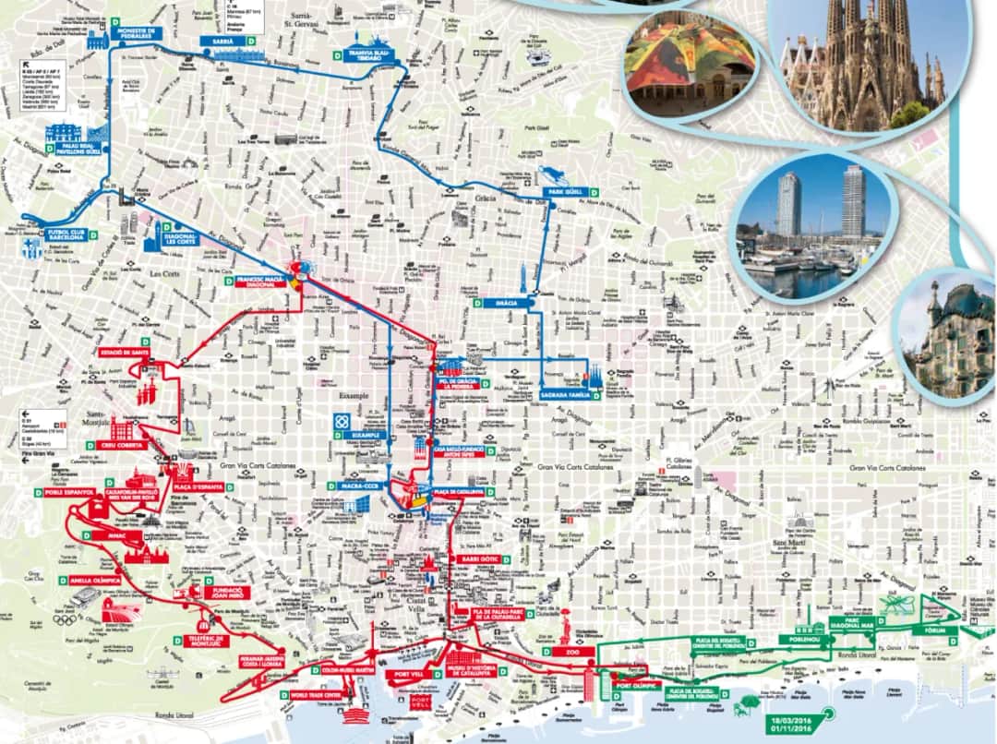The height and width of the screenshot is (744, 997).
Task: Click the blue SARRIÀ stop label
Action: coord(223,42)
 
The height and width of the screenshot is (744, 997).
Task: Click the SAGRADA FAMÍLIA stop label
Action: coord(565,395)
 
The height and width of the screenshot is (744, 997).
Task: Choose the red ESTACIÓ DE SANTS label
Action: coord(126,352)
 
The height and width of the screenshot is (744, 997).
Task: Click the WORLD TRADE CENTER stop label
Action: coord(317,695)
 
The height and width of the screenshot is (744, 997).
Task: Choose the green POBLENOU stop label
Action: coord(800,638)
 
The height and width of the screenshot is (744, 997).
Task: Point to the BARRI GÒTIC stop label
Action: coord(477,559)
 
